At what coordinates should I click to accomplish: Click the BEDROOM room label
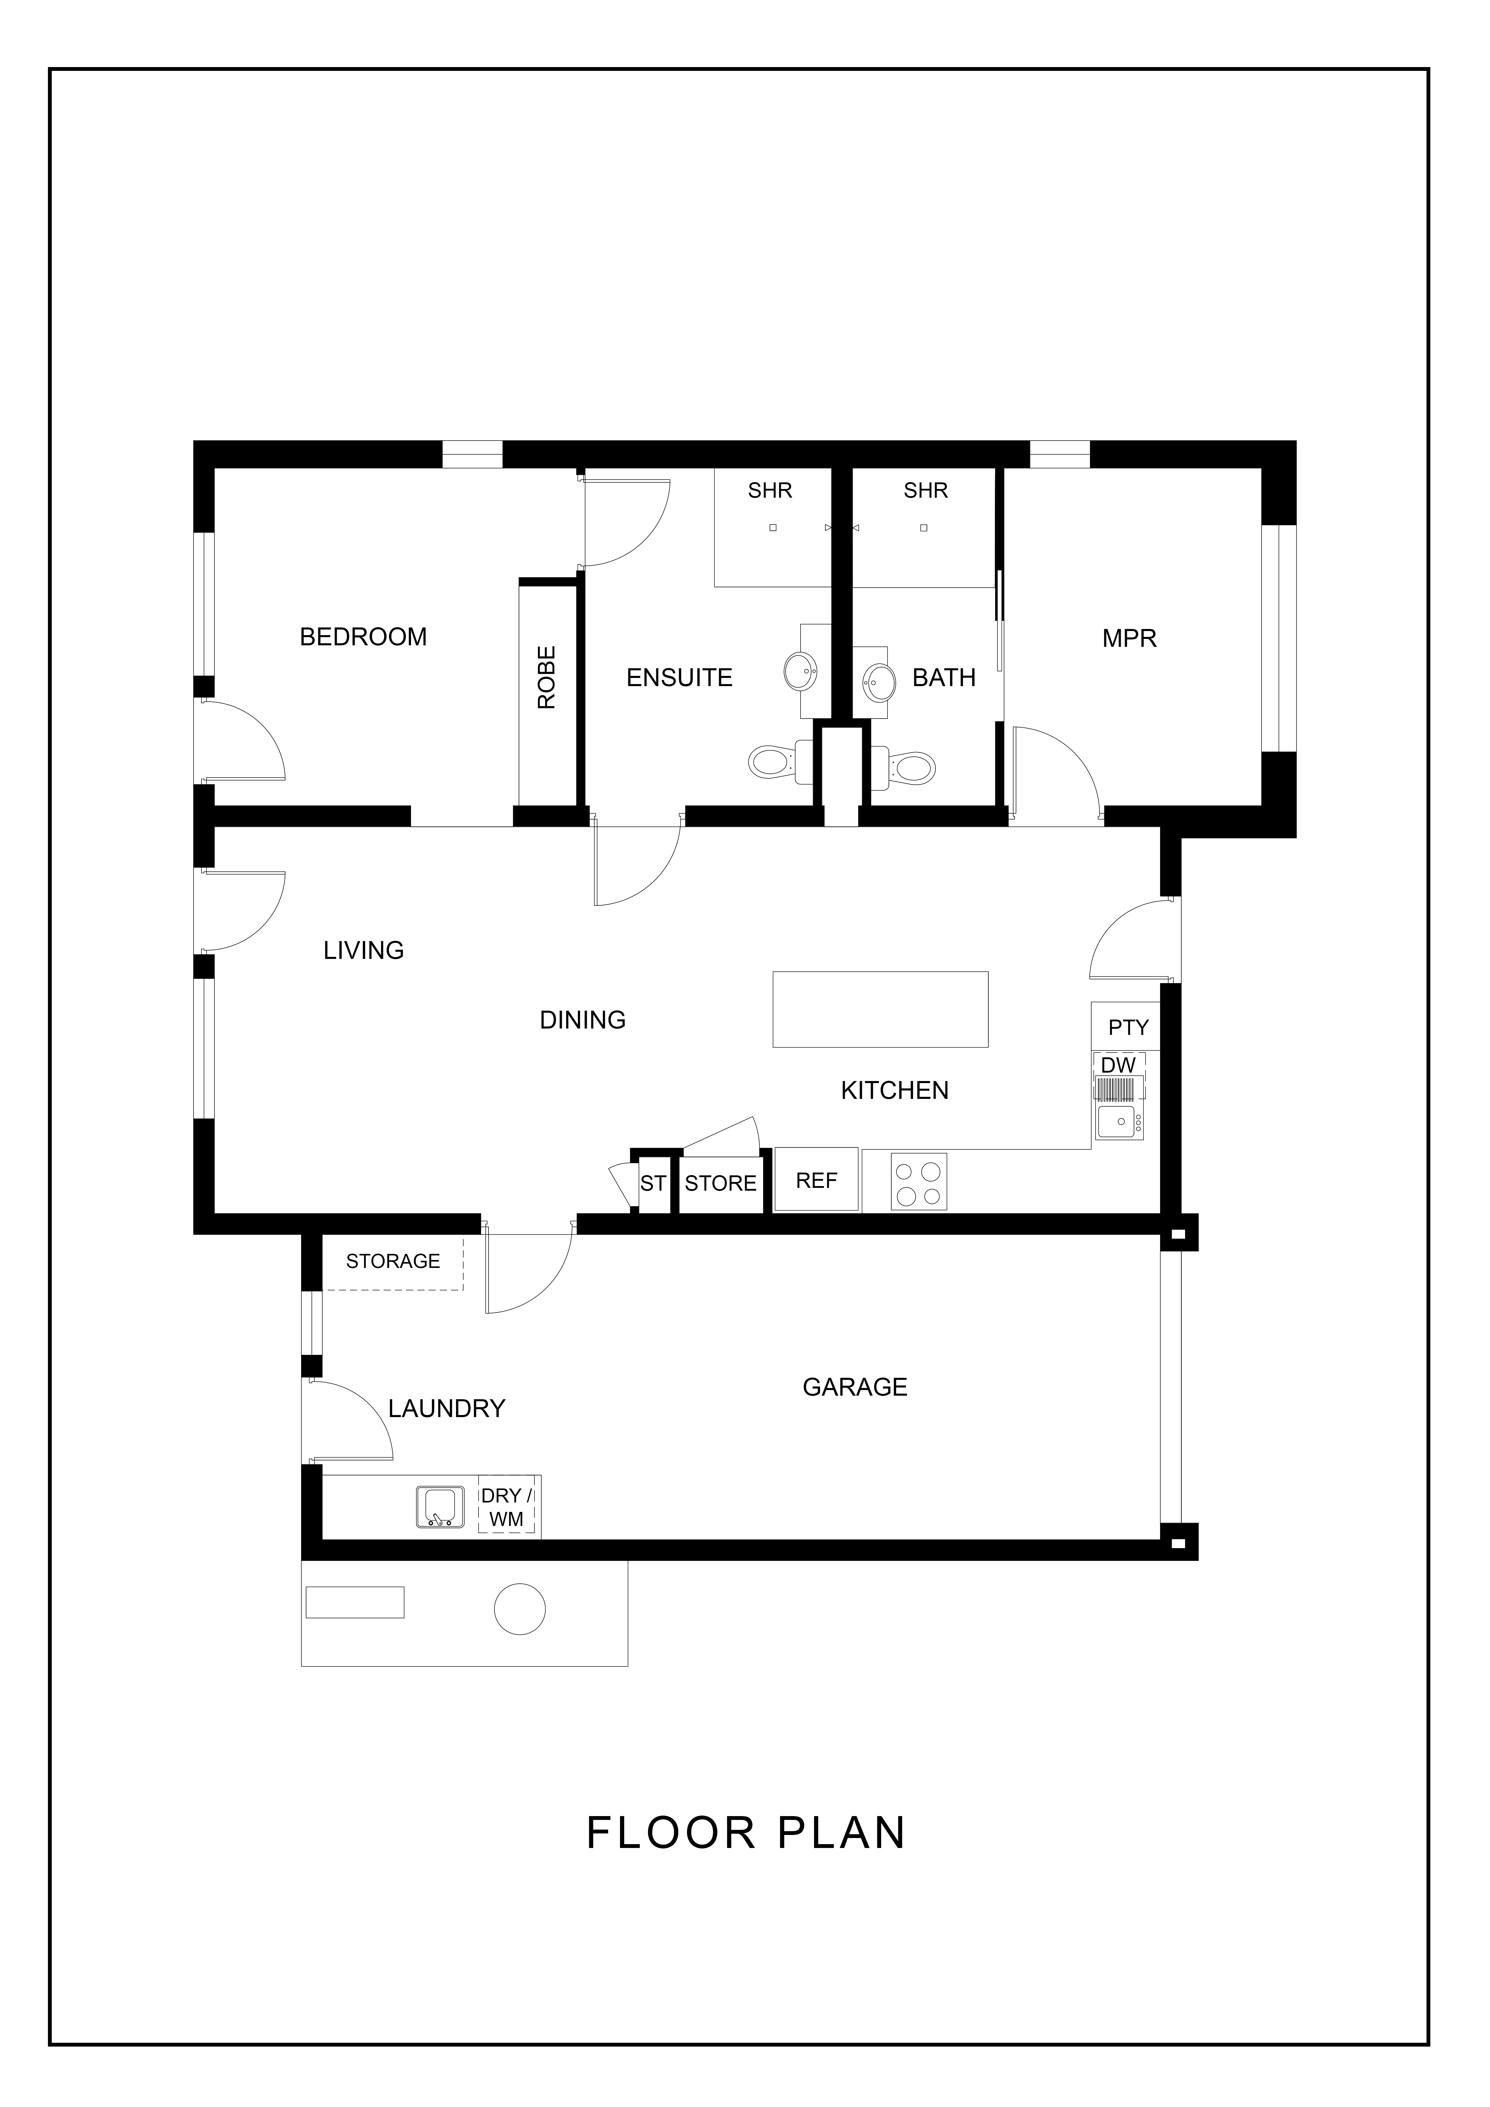tap(363, 637)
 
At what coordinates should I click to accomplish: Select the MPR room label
tap(1129, 639)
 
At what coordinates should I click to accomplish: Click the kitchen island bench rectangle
tap(880, 1009)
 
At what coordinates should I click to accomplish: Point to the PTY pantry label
tap(1128, 1028)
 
